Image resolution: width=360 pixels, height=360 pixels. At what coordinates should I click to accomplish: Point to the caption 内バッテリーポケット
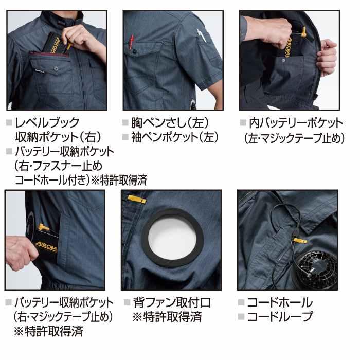[x=295, y=123]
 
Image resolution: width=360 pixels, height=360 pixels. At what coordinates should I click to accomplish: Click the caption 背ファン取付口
[x=171, y=302]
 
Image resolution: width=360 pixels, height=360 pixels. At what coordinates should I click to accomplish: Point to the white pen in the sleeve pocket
[x=202, y=38]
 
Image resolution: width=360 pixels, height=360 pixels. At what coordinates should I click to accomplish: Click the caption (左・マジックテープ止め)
[x=292, y=138]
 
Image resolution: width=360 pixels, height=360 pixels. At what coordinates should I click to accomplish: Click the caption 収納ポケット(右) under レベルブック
[x=58, y=137]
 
